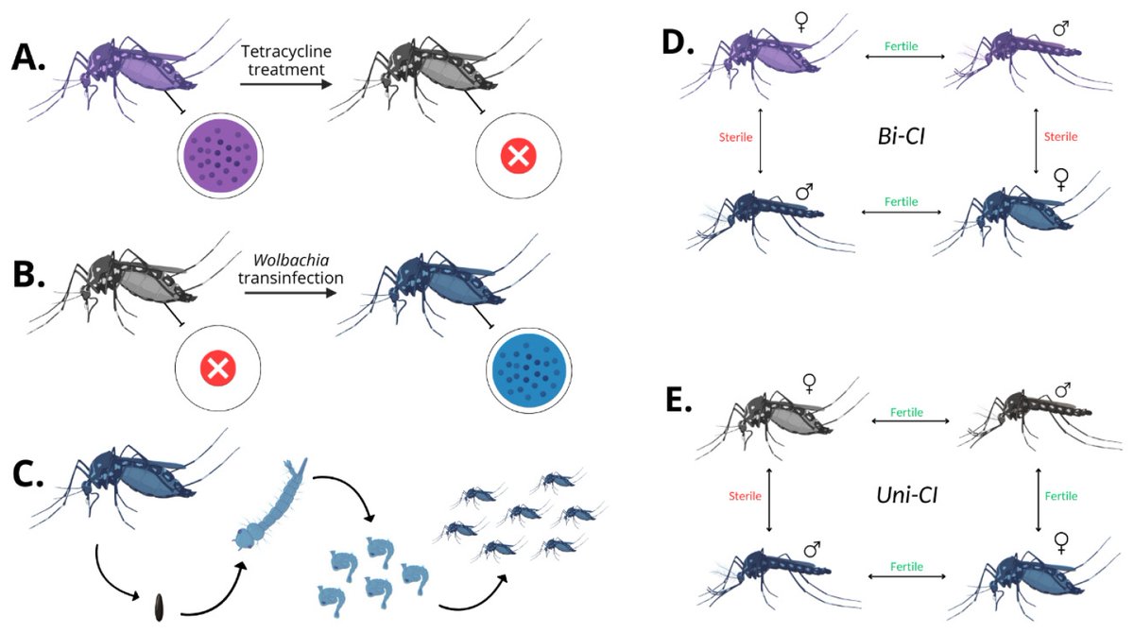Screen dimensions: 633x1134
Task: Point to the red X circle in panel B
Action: (x=217, y=369)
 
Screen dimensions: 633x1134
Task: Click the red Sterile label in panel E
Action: (x=746, y=495)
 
